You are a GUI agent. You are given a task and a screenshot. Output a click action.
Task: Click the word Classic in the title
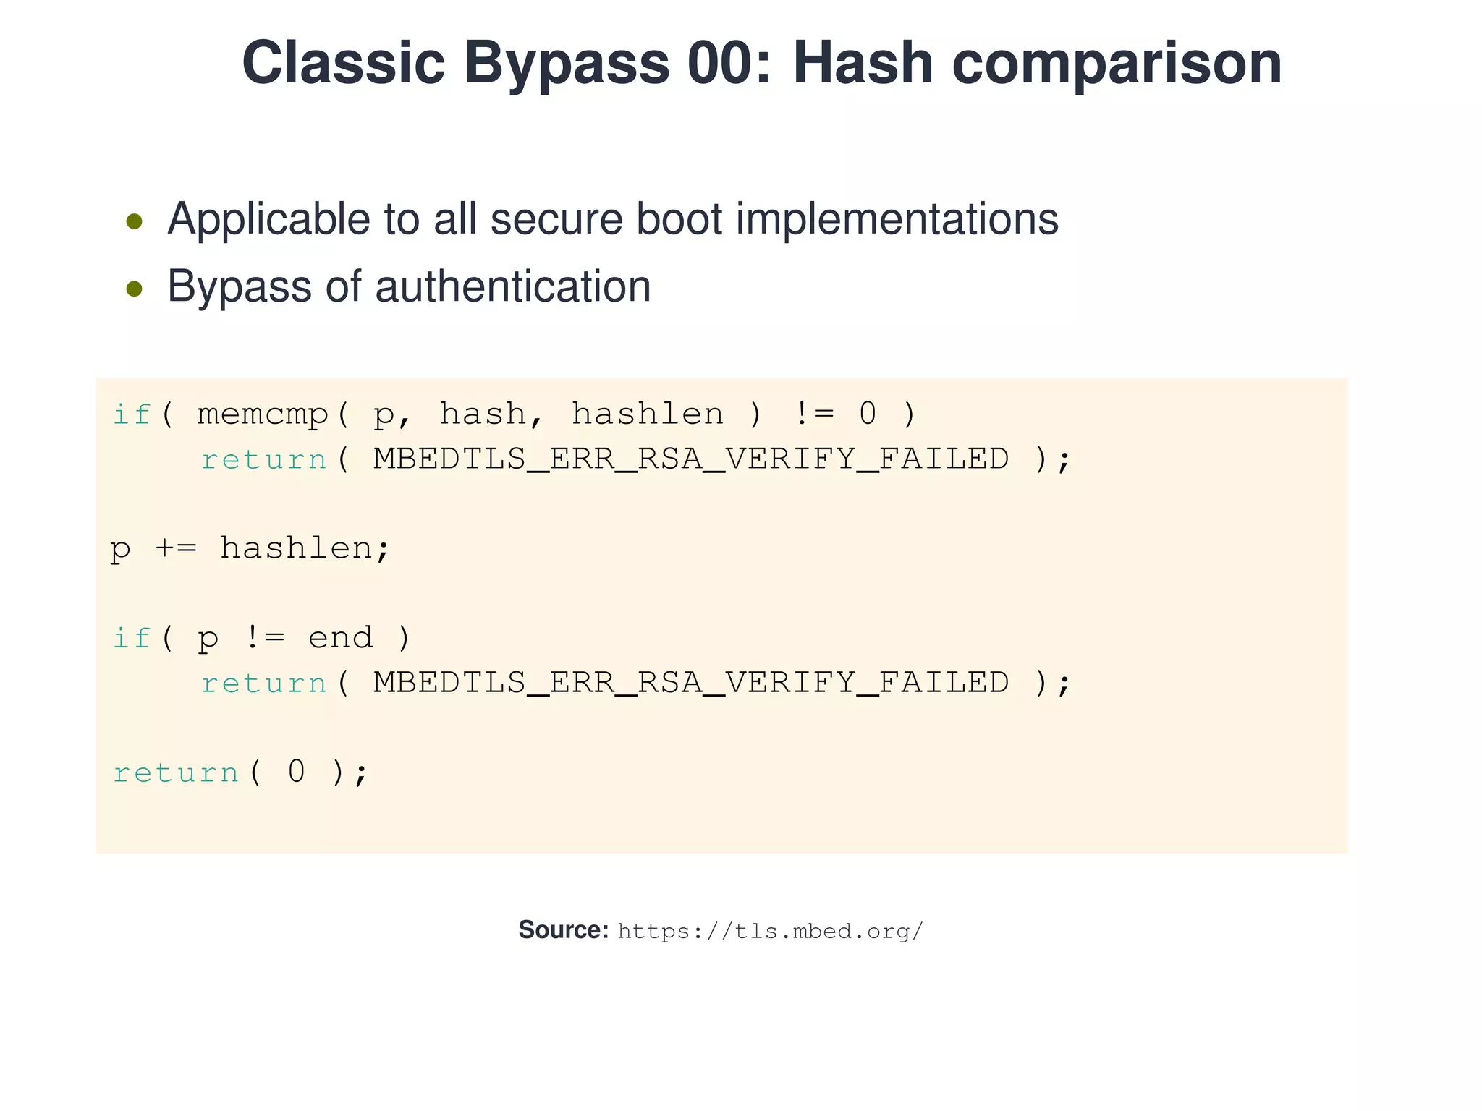pos(343,63)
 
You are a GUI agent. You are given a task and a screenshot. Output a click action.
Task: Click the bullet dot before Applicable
pos(134,221)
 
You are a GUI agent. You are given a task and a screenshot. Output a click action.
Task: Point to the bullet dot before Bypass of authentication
pos(134,289)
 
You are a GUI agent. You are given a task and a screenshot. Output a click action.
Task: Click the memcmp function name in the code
pos(263,414)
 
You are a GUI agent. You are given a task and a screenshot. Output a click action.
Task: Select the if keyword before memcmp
pos(131,414)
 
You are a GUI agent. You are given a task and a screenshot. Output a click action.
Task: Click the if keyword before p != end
pos(131,638)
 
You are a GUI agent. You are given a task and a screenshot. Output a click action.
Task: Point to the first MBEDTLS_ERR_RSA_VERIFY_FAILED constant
pos(690,459)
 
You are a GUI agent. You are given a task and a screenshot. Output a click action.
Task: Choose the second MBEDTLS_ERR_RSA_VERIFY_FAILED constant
pos(690,683)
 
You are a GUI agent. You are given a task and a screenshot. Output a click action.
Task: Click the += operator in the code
pos(175,548)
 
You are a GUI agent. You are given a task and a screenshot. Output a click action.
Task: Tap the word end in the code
pos(340,638)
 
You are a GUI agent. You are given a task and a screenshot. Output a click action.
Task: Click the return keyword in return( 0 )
pos(176,772)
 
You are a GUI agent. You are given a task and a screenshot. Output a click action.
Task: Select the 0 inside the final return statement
pos(297,772)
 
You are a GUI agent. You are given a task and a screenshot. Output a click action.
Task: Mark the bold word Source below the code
pos(563,930)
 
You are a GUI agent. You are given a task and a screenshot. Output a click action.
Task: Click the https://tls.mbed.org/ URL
pos(770,931)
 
